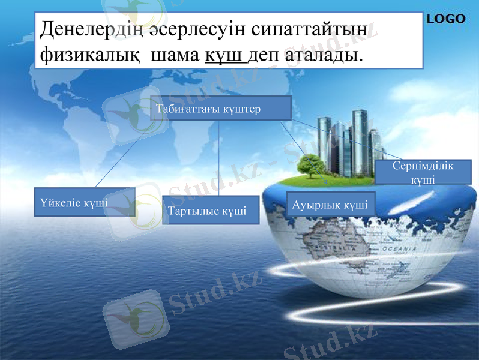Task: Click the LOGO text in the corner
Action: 446,19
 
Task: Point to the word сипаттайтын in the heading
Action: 311,29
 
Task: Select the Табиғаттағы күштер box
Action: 220,108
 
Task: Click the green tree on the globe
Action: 311,164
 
